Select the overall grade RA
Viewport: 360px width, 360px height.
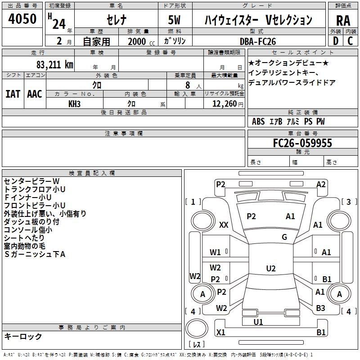pos(343,21)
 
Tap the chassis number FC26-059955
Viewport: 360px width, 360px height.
pos(303,143)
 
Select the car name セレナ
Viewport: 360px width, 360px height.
pos(117,20)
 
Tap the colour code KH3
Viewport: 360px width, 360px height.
pos(74,104)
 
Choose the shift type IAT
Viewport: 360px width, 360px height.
pos(13,94)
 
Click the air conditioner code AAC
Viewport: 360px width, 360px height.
pos(35,94)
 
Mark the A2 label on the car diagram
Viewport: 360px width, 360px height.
pos(321,184)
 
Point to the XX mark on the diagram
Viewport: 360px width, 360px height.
pos(224,225)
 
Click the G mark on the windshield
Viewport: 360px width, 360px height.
pos(284,237)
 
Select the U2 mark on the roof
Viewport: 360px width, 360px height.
pos(271,269)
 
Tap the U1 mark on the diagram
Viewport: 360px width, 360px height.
pos(258,322)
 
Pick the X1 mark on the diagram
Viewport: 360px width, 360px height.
pos(221,333)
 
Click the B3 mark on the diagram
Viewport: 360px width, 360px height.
pos(320,308)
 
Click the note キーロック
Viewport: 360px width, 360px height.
pos(23,336)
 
